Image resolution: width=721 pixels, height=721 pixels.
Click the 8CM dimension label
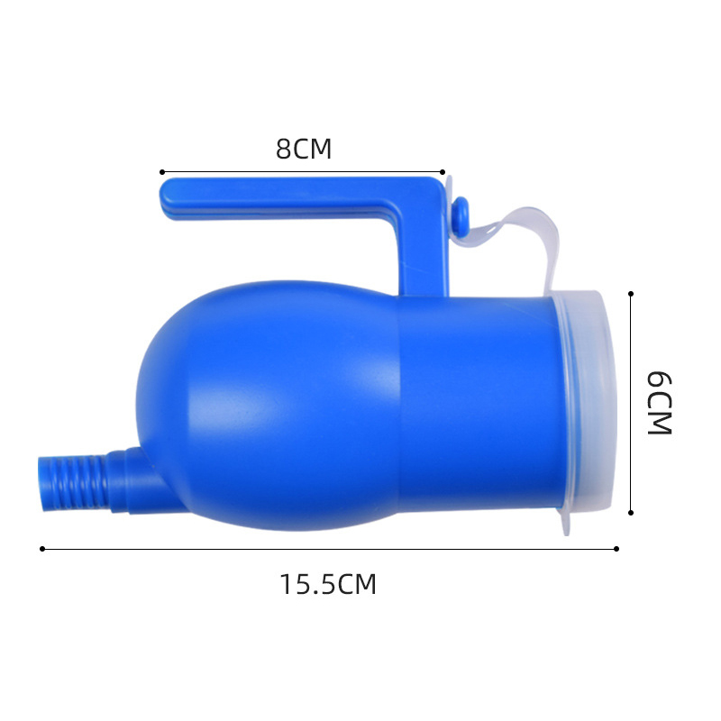304,148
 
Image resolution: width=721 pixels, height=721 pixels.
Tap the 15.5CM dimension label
327,585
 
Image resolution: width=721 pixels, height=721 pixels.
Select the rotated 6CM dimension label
661,402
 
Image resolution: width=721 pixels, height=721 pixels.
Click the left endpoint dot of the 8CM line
161,171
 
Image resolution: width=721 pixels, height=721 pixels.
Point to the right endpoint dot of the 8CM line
443,171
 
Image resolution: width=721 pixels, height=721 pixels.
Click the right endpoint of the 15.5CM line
616,549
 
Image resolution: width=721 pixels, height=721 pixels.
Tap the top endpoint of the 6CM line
631,294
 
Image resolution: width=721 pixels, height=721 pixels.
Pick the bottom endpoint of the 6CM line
631,513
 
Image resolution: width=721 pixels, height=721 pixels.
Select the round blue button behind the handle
460,214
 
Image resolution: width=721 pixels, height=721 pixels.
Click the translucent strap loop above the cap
523,230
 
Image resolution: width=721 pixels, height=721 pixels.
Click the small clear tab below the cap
565,523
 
